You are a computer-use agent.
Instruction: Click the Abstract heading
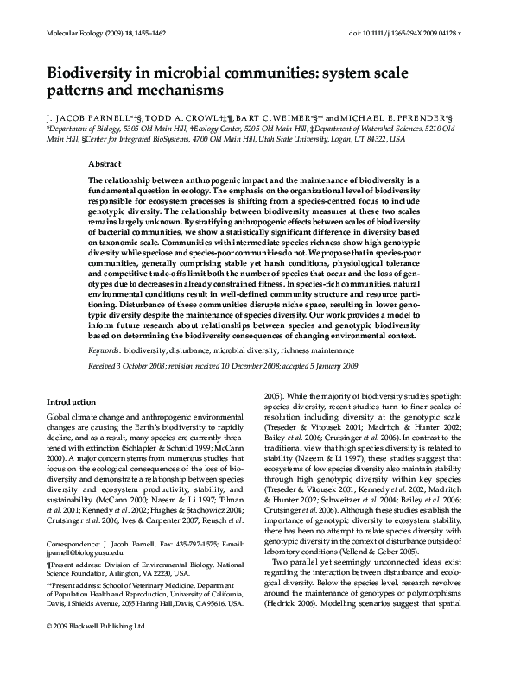(105, 161)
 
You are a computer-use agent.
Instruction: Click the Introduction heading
(70, 401)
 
